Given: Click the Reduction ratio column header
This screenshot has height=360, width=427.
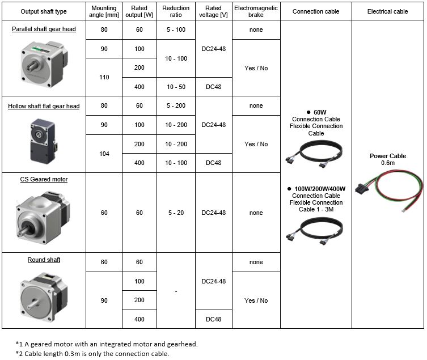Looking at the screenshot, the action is (x=176, y=11).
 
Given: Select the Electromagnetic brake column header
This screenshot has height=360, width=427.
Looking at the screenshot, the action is (x=256, y=11).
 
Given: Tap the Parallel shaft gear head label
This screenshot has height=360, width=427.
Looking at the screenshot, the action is (x=44, y=29).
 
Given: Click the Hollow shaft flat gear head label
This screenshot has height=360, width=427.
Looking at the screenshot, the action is (x=44, y=106).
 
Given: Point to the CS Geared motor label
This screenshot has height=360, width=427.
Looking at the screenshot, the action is (x=44, y=180).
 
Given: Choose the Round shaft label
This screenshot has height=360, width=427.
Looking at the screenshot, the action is (x=44, y=260).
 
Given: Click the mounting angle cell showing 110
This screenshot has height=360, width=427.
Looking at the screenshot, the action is (x=104, y=77).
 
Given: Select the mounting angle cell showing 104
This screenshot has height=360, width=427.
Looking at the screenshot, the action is (x=104, y=154).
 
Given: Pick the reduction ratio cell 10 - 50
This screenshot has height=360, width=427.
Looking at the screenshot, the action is (x=176, y=87).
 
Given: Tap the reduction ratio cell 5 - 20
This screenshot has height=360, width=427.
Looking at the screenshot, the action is (x=176, y=213).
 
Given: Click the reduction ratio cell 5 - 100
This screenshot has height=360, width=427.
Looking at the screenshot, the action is (x=176, y=29).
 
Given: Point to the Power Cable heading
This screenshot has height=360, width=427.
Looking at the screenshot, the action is (x=388, y=156).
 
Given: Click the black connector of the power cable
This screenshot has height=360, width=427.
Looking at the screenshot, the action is (x=362, y=188).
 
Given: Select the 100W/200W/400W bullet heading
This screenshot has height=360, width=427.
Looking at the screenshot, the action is (x=316, y=189).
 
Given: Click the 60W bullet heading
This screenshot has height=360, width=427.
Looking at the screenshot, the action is (x=316, y=112).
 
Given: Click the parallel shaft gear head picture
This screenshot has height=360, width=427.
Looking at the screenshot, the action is (x=44, y=65).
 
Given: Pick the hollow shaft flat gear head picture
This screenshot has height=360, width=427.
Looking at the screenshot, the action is (x=43, y=141).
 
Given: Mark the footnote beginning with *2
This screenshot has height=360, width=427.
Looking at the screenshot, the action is (x=92, y=354).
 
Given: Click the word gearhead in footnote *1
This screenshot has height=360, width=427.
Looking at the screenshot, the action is (x=182, y=344).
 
